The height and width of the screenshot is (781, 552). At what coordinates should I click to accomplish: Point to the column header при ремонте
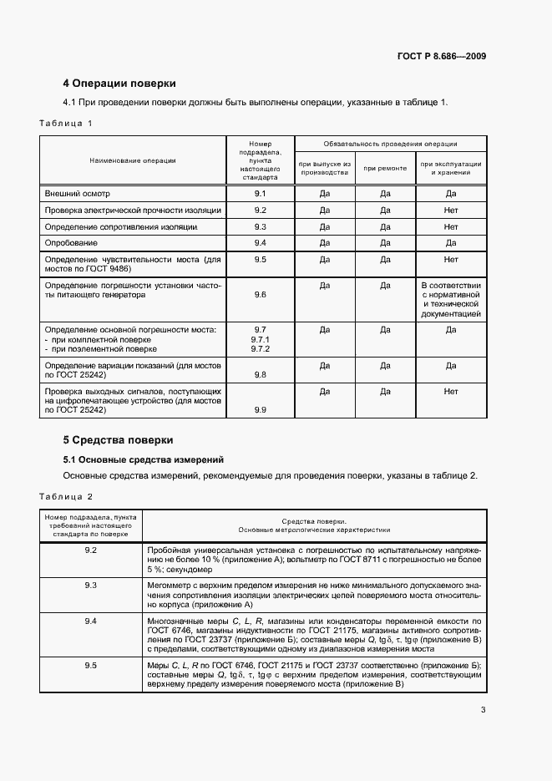[385, 168]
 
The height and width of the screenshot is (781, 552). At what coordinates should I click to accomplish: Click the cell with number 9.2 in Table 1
[260, 210]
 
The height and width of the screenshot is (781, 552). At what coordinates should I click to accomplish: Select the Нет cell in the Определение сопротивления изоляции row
[451, 226]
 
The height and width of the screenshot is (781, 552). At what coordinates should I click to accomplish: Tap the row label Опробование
[71, 243]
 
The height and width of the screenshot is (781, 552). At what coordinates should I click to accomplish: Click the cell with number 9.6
[260, 295]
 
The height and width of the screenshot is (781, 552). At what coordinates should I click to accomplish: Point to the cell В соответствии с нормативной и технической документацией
[451, 300]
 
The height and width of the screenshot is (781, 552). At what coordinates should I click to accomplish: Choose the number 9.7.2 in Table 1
[260, 349]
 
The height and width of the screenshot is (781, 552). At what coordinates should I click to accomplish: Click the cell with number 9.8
[260, 375]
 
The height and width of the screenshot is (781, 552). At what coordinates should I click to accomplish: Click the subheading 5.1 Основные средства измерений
[144, 459]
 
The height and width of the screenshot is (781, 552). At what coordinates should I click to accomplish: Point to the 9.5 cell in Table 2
[91, 665]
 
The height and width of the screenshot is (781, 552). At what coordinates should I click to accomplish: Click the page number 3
[483, 711]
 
